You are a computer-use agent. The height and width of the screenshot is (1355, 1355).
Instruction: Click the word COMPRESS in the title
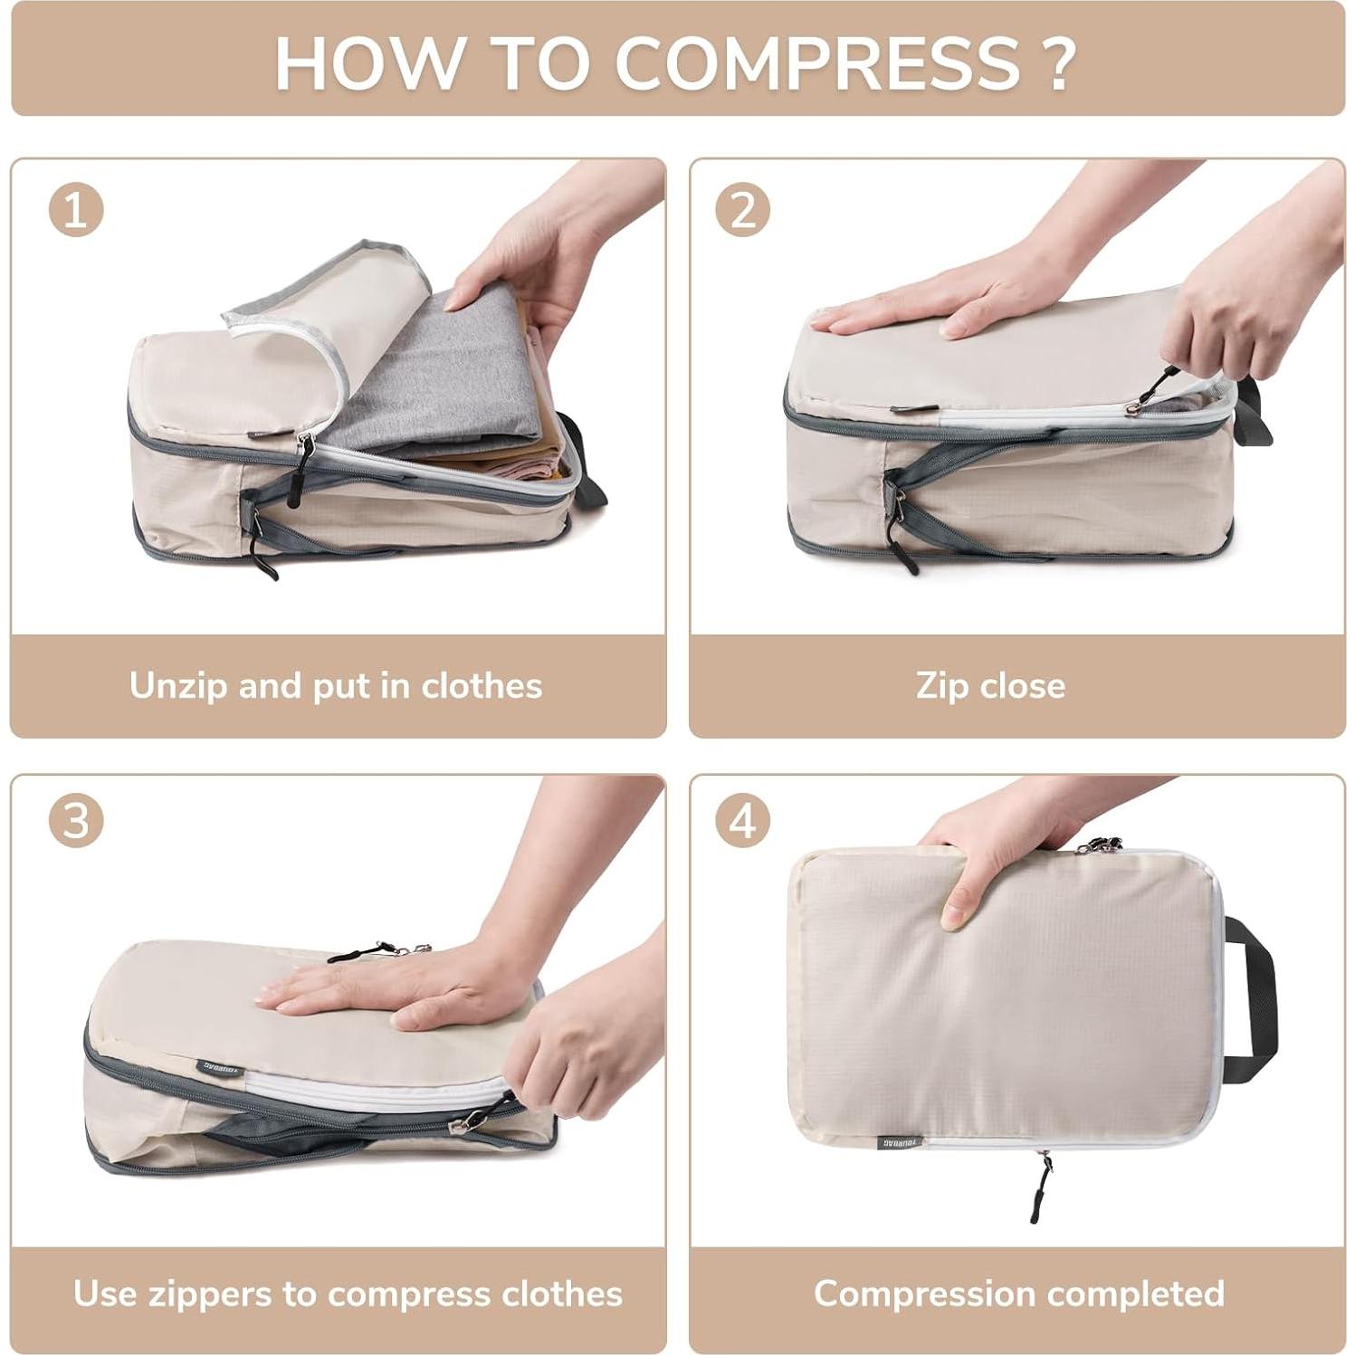pos(818,62)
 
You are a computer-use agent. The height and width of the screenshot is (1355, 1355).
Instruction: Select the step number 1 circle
pos(76,210)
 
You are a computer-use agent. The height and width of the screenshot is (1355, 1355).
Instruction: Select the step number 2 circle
pos(742,210)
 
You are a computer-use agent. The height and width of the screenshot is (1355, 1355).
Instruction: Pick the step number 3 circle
pos(76,822)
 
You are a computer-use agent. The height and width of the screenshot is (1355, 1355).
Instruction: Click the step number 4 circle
pos(742,822)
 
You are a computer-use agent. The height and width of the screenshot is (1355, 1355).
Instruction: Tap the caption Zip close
pos(990,686)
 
